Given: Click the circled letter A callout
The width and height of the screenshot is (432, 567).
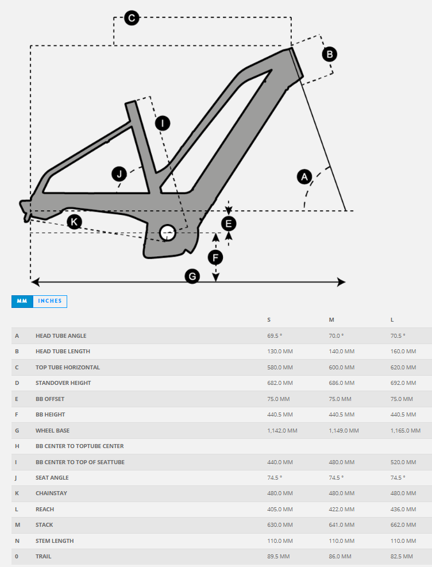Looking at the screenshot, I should coord(304,176).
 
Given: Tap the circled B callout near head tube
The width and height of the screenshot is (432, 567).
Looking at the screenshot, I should coord(330,54).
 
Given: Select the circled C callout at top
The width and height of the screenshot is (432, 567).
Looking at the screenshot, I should coord(132,18).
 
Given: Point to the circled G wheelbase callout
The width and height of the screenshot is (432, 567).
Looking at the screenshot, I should coord(192,276).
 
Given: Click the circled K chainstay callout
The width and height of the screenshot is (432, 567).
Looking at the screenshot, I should coord(74,222).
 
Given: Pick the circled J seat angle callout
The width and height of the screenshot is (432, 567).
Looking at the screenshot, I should coord(119,173).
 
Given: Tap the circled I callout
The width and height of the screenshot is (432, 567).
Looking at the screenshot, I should coord(163,123).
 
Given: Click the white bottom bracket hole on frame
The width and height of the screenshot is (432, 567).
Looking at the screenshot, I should coord(168,233).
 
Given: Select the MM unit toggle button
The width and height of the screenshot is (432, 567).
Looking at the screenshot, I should coord(22,301).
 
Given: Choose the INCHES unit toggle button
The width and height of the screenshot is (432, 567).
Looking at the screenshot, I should coord(50,301).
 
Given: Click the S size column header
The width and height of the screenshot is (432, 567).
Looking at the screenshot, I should coord(269,319).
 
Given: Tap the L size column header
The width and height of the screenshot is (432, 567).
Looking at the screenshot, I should coord(392,319).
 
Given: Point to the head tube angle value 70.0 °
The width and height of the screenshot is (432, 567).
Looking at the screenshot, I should coord(336,335).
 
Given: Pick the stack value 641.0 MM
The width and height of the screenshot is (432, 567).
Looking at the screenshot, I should coord(341,525).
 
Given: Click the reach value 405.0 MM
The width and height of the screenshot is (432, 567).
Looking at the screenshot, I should coord(280,509).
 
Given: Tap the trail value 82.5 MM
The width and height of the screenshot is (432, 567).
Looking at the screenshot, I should coord(402,557).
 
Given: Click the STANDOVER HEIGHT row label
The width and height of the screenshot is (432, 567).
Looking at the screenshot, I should coord(63,383).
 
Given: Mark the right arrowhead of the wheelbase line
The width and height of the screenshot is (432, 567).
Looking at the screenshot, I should coord(342,281).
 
